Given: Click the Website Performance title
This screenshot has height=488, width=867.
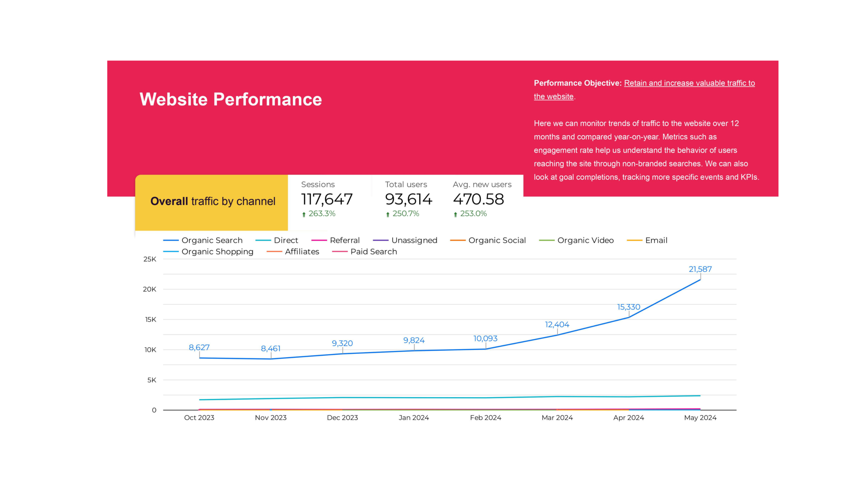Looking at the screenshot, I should (x=231, y=100).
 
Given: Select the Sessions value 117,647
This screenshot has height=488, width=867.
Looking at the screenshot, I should (x=327, y=199).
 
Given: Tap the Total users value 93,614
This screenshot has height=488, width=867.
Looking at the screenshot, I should (x=408, y=199).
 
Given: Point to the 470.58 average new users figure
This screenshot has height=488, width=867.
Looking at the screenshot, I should (x=478, y=199).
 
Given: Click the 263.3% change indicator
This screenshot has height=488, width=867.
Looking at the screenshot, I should (x=321, y=214).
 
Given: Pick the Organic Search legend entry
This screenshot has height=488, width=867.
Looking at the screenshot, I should (x=212, y=240).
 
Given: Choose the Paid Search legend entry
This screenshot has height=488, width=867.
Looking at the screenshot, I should (x=373, y=252).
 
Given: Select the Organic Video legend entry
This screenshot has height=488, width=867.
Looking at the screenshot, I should (x=585, y=240).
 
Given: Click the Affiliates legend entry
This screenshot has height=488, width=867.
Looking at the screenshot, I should (x=302, y=252).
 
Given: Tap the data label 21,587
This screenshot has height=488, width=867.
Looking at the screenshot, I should (x=700, y=269).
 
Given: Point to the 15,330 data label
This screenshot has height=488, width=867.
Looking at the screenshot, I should (x=629, y=307).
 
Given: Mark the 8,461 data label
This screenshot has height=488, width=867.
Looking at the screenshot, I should (x=271, y=349).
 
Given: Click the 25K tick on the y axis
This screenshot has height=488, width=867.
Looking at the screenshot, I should (x=150, y=259).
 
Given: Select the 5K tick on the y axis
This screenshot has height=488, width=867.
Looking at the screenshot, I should (x=152, y=380).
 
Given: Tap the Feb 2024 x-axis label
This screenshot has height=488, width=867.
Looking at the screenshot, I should (x=485, y=418).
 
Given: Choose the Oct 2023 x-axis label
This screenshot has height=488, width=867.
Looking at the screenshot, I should (x=199, y=418).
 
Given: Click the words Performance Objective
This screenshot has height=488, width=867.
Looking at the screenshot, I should (x=577, y=83).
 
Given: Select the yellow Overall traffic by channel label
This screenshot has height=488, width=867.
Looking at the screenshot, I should (x=213, y=201).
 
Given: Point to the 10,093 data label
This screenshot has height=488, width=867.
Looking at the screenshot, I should (x=485, y=339).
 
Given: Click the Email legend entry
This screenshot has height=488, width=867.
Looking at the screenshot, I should (x=656, y=240).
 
